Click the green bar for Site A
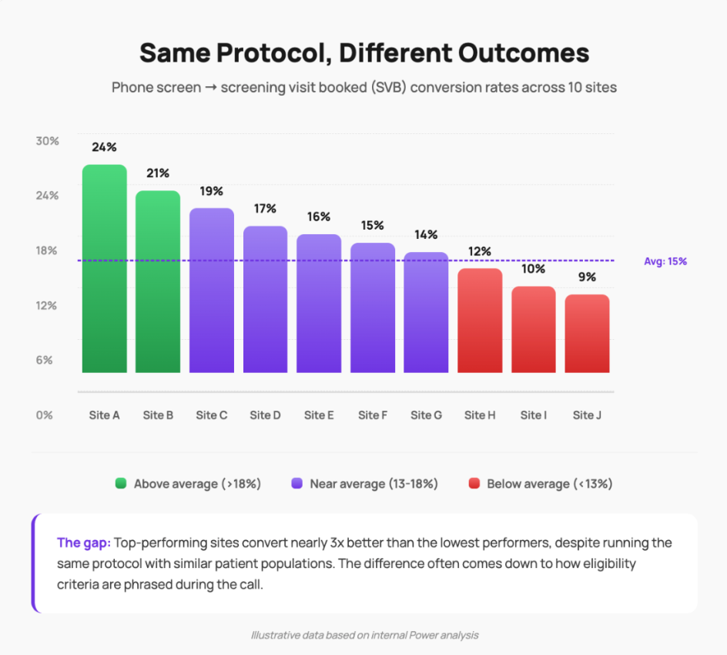[x=104, y=269]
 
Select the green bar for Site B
[x=158, y=282]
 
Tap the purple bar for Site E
[x=319, y=304]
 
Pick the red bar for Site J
[x=587, y=334]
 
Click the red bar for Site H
[x=480, y=321]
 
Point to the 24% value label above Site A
[x=104, y=146]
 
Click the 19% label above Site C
[x=212, y=190]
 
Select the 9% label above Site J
[x=587, y=277]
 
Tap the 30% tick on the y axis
[x=47, y=141]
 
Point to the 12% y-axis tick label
[x=47, y=305]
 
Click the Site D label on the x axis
[x=265, y=415]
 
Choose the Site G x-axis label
[x=426, y=415]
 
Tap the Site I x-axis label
[x=533, y=415]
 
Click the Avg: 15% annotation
[x=665, y=261]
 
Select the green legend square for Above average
[x=121, y=484]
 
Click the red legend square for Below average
[x=474, y=484]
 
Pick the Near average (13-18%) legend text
[x=374, y=484]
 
